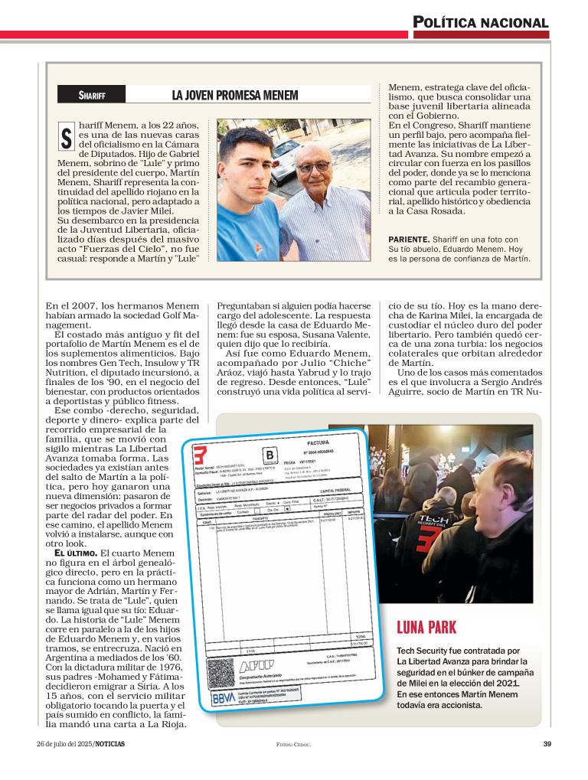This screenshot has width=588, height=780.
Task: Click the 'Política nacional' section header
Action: pos(481,22)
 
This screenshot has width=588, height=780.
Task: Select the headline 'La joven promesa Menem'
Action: pos(234,96)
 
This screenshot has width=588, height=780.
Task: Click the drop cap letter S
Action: pos(67,139)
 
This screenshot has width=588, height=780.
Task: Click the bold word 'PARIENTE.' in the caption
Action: pos(409,240)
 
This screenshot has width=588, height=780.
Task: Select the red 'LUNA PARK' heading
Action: pos(426,628)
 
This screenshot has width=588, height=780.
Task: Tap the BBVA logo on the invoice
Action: pos(224,698)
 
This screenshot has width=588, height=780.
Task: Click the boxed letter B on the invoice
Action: pos(269,457)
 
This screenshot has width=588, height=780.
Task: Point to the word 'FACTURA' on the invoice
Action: pos(318,443)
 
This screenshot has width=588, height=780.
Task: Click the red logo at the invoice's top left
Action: pos(200,454)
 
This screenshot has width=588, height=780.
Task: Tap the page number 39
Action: pos(547,743)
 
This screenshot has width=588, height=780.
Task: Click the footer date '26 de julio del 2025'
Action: pos(70,743)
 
